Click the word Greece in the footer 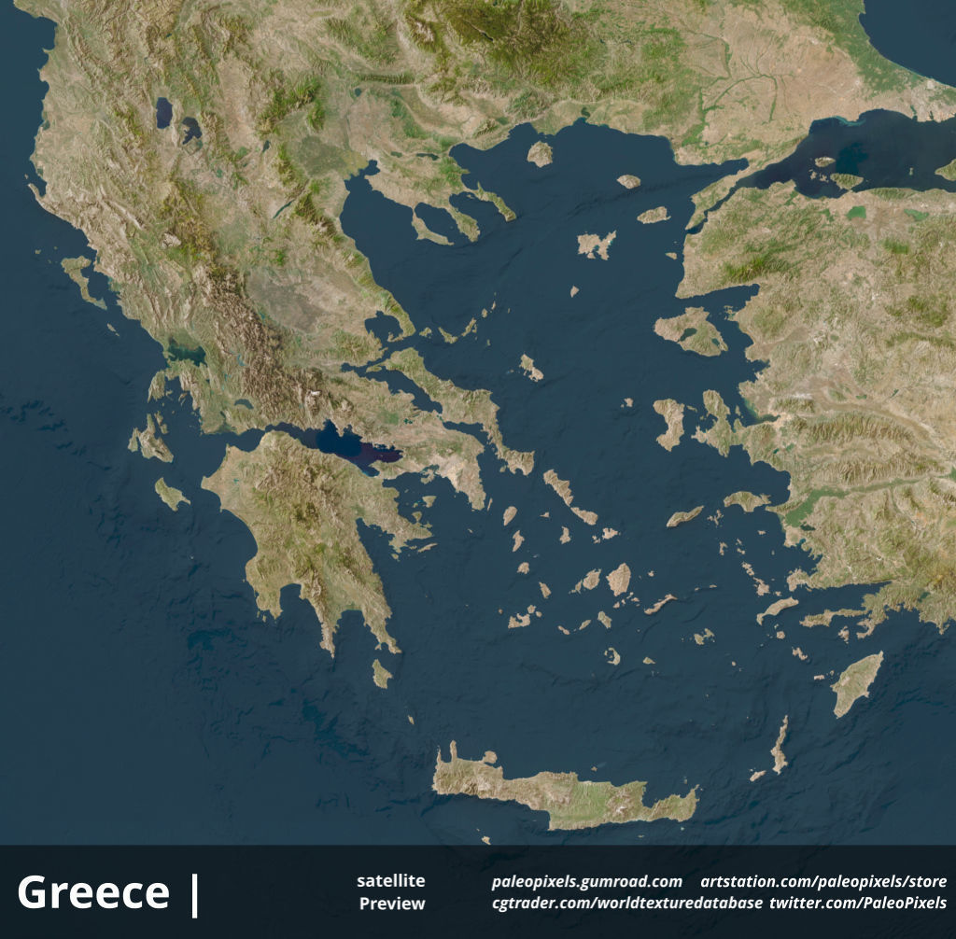tap(93, 892)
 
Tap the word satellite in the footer tap(390, 881)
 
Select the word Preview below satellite tap(392, 904)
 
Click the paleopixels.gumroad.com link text tap(586, 882)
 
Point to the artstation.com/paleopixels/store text tap(823, 882)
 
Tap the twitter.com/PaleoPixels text tap(858, 904)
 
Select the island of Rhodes tap(856, 682)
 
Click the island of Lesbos tap(692, 330)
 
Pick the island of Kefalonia tap(153, 441)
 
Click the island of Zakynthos tap(171, 494)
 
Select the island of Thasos tap(540, 153)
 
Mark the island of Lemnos tap(596, 245)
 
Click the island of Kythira tap(381, 673)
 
